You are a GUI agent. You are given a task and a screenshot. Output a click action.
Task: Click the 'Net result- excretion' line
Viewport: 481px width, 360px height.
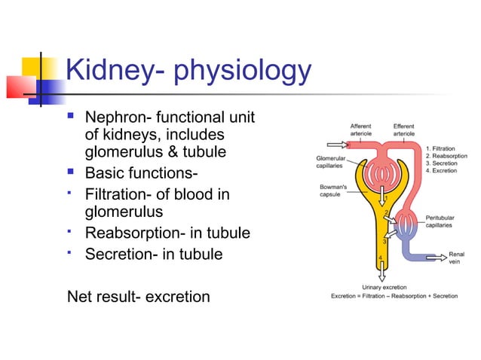139,296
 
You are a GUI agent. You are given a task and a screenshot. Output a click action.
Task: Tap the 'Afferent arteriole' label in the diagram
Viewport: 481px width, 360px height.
360,129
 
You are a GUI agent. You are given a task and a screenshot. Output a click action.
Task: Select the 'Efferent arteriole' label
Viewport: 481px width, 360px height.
403,129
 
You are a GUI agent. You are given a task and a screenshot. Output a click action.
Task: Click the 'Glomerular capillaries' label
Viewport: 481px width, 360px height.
331,162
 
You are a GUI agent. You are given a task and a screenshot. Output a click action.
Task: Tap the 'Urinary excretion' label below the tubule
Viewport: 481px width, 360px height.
385,288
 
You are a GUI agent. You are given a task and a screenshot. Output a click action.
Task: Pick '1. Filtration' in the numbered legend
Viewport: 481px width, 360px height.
444,148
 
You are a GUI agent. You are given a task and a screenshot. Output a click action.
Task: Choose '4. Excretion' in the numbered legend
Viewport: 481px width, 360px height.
444,171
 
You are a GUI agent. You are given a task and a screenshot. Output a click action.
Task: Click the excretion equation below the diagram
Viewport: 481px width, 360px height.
394,296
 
